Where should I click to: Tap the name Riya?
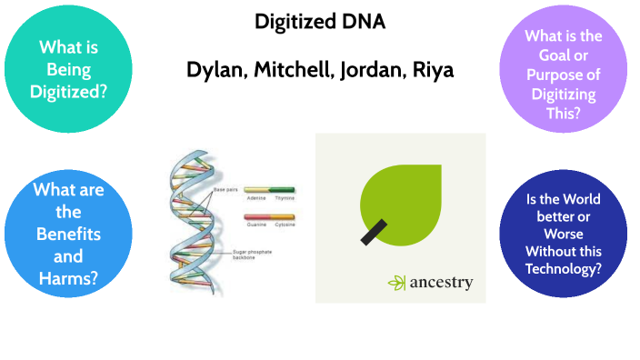pos(431,71)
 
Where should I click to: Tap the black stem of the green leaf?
pos(372,232)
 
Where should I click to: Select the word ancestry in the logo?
pos(441,283)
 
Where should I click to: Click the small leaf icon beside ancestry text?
pos(397,283)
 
